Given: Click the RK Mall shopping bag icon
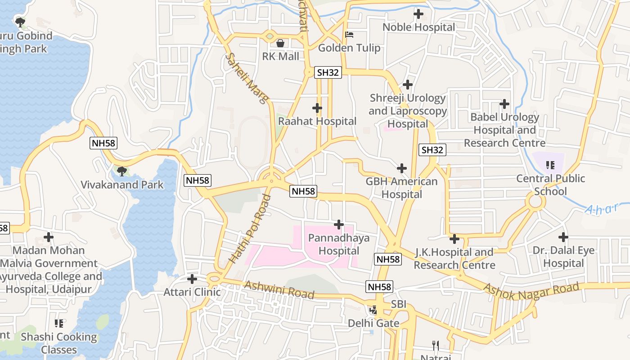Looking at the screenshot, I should coord(280,43).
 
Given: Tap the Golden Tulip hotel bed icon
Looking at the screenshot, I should coord(349,35).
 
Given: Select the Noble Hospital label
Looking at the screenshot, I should coord(418,27).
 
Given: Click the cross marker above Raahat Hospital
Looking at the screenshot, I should coord(317,108).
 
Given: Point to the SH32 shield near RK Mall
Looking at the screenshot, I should coord(328,72).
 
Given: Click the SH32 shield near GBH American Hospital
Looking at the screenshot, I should coord(432,150).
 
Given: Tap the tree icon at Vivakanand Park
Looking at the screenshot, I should coord(121,171).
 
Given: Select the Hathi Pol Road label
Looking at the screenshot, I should coord(251,229).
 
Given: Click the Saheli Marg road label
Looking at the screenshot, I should coord(247,78).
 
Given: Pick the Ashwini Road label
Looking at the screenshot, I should coord(279,290).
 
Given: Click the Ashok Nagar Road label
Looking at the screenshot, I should coord(531,292).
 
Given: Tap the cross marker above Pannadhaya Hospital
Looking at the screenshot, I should coord(339,224).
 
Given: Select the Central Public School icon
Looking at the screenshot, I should coord(550,165).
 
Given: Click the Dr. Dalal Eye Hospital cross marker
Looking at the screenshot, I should coord(563,237).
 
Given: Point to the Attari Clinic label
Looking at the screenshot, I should coord(192,292).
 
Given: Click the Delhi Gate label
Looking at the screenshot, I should coord(373,323).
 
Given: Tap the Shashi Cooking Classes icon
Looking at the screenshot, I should coord(59,323).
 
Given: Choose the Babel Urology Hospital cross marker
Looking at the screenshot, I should coord(504,104).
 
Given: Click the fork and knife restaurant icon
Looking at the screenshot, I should coord(435,346).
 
